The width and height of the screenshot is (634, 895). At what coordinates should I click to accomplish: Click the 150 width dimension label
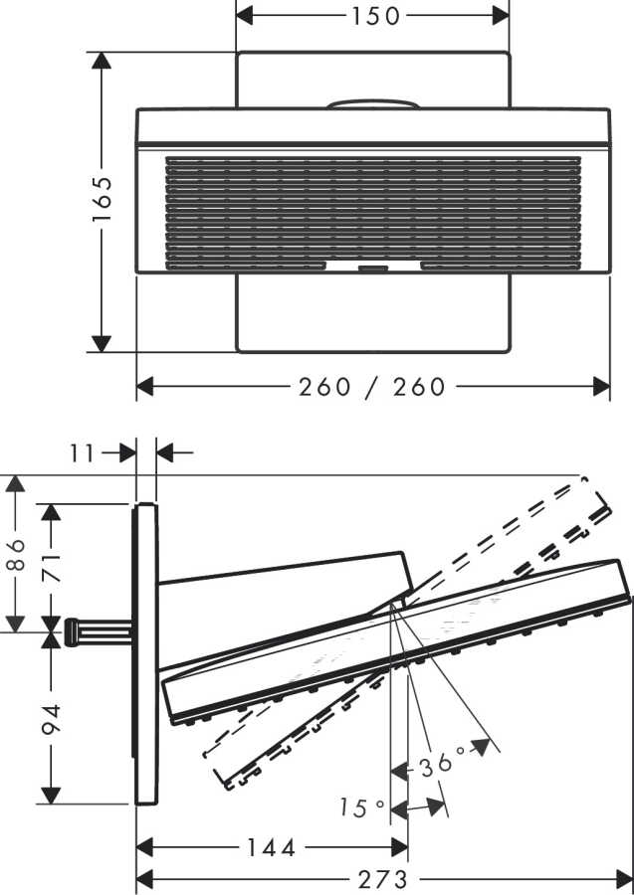[x=374, y=16]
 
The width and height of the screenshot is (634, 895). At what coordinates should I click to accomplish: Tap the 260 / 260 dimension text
[x=372, y=387]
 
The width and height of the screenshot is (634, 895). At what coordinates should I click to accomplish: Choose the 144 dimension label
[x=272, y=847]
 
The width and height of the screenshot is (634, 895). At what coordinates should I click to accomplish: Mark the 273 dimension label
[x=382, y=879]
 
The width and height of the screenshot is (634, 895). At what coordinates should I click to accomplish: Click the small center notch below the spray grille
[x=373, y=267]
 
